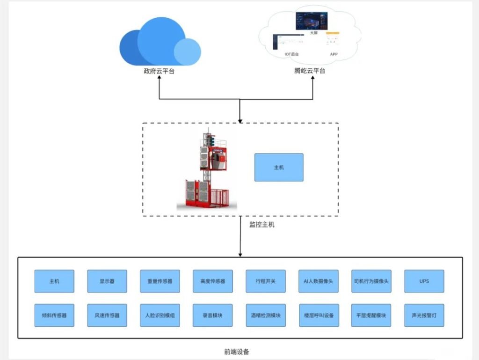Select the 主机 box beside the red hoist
click(x=279, y=167)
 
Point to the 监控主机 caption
click(x=262, y=224)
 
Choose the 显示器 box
click(x=107, y=281)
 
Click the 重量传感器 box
click(x=160, y=281)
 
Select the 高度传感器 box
click(x=212, y=281)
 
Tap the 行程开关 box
click(x=265, y=281)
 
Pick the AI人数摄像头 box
click(x=318, y=281)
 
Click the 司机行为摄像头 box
click(x=371, y=281)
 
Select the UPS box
click(x=424, y=281)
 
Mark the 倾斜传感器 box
click(x=54, y=315)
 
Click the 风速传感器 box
click(x=107, y=315)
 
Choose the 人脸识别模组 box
click(x=160, y=315)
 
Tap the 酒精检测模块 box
click(x=265, y=315)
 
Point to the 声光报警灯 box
click(x=424, y=315)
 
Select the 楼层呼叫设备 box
click(x=318, y=315)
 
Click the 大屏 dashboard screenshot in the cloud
click(x=311, y=21)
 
